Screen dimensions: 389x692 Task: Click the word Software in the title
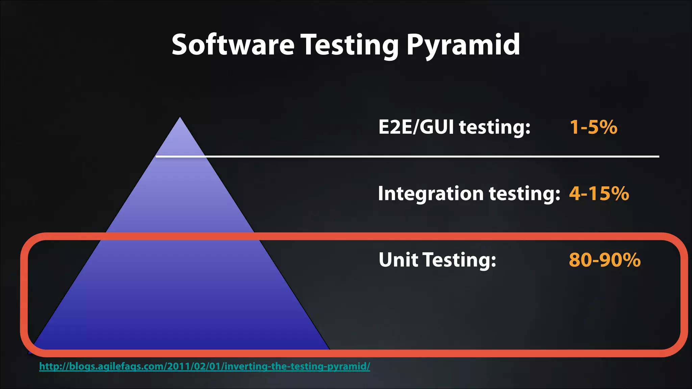click(x=233, y=45)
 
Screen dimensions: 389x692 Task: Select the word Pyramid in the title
click(x=463, y=45)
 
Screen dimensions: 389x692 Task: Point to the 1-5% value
click(x=593, y=127)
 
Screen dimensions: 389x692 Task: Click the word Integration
click(x=431, y=193)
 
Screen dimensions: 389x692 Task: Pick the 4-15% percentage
click(x=599, y=193)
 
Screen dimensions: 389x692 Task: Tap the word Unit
click(x=398, y=260)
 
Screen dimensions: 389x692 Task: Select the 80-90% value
click(x=604, y=260)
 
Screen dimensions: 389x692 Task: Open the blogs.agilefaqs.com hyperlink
click(x=204, y=366)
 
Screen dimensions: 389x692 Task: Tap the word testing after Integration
click(x=524, y=193)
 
